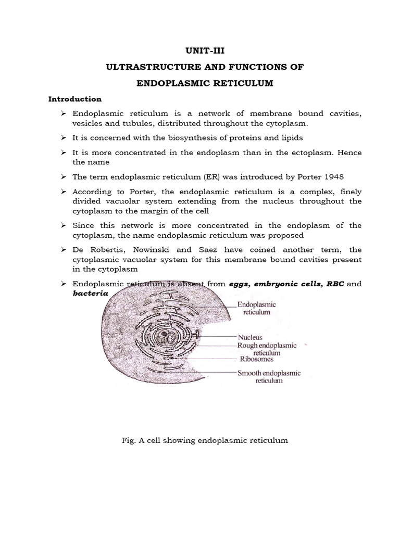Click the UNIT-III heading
pyautogui.click(x=200, y=50)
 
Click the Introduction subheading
pyautogui.click(x=74, y=99)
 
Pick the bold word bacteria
pyautogui.click(x=90, y=293)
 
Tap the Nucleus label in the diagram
pyautogui.click(x=250, y=337)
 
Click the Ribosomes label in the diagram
pyautogui.click(x=257, y=359)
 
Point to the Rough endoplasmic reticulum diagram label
pyautogui.click(x=267, y=349)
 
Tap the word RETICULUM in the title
pyautogui.click(x=242, y=83)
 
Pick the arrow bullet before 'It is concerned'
pyautogui.click(x=64, y=137)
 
